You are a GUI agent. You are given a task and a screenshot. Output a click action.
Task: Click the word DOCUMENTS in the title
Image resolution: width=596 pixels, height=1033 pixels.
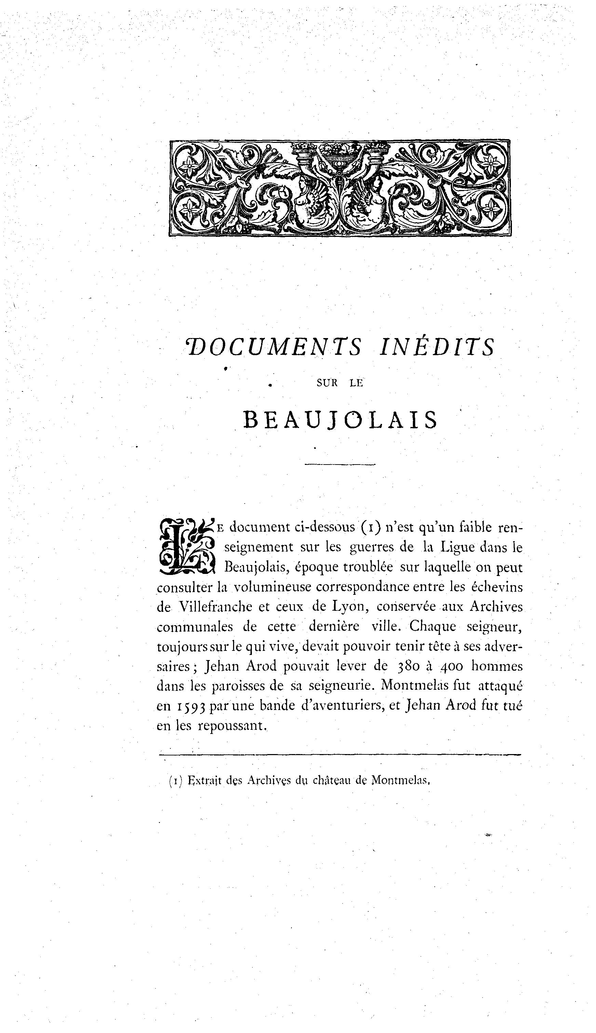click(273, 347)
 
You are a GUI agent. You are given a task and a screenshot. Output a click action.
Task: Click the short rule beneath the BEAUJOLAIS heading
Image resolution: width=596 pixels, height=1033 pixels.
click(340, 464)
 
